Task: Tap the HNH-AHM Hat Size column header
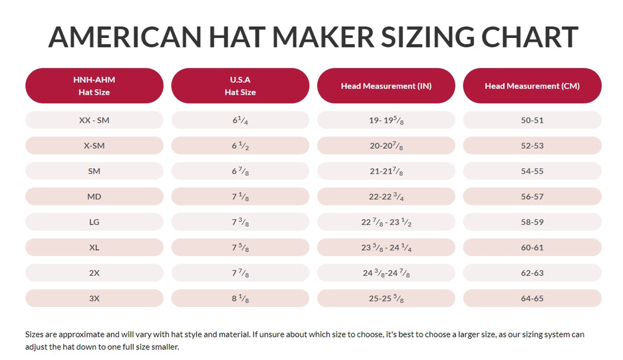tap(94, 86)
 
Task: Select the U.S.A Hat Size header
tap(240, 86)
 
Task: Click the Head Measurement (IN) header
tap(386, 86)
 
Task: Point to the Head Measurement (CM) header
tap(532, 86)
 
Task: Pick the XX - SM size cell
tap(94, 120)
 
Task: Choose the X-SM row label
tap(94, 146)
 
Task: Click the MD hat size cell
tap(94, 197)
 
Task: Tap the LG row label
tap(94, 222)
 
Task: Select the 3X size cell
tap(94, 298)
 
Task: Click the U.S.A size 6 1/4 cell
tap(240, 120)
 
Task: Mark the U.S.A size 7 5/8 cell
tap(240, 248)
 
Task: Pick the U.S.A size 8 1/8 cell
tap(240, 298)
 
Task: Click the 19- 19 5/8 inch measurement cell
tap(386, 120)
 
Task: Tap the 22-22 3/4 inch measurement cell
tap(386, 197)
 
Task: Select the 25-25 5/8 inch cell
tap(386, 298)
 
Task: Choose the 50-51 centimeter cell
tap(532, 120)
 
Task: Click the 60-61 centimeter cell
tap(532, 248)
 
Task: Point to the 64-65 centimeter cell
tap(532, 298)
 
